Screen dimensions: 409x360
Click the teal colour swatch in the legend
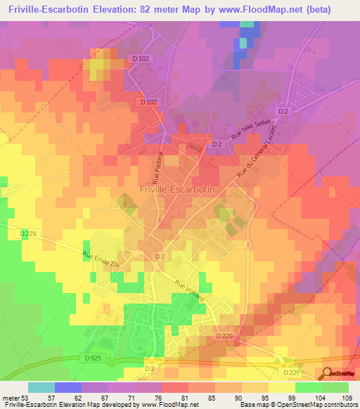coord(41,387)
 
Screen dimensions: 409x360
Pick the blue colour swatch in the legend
coord(67,387)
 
